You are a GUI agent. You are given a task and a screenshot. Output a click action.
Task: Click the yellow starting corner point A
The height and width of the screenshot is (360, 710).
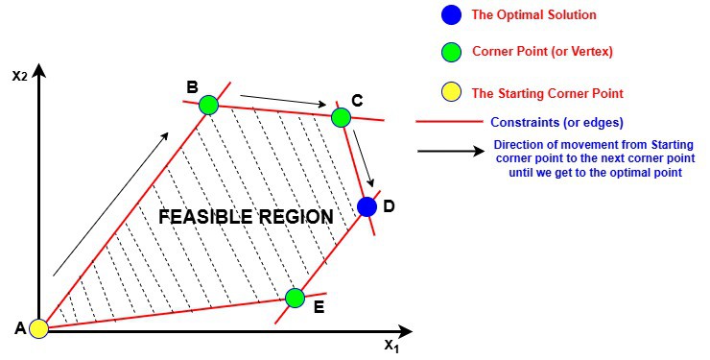pos(38,329)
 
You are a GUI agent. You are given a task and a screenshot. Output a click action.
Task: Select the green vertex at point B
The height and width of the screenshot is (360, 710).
pos(208,105)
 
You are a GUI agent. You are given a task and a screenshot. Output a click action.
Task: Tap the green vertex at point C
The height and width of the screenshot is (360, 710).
pos(341,117)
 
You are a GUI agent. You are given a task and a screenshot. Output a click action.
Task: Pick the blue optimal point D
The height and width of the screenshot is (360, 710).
pos(367,205)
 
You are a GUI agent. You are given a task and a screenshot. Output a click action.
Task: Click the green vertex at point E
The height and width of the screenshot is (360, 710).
pos(296,298)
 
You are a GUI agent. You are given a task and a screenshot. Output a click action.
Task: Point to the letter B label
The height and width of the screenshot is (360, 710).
pos(192,87)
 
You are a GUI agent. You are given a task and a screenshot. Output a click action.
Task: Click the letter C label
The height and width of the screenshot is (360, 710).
pos(357,100)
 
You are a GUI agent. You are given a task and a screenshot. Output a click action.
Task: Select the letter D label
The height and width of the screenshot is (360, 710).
pos(388,206)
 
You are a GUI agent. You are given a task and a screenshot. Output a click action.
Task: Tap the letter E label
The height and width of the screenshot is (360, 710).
pos(319,307)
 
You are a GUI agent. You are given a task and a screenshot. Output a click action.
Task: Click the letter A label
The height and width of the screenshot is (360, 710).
pos(19,328)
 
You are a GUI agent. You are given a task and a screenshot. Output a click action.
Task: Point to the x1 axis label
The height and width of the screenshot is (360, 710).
pos(390,346)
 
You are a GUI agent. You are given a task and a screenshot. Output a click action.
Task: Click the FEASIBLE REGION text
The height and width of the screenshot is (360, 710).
pos(246,217)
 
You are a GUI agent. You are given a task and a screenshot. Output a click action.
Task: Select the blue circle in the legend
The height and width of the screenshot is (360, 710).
pos(450,14)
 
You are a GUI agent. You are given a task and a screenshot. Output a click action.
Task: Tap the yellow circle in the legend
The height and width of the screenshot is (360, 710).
pos(450,93)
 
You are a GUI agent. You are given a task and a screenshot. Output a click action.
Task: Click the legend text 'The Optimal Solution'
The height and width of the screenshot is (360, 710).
pos(533,14)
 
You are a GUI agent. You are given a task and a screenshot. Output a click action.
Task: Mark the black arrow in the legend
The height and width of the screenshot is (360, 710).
pos(451,151)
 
